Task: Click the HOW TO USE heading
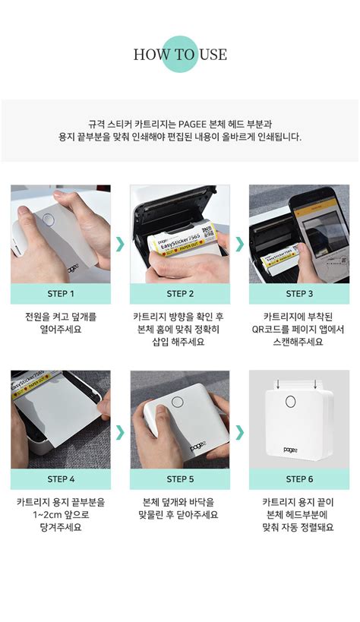coord(180,55)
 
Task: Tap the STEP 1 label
coord(61,294)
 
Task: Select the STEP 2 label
coord(180,294)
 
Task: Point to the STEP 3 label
coord(299,294)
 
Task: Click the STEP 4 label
coord(61,479)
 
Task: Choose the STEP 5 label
coord(180,479)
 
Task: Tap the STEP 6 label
coord(299,479)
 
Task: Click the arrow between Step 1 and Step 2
coord(120,245)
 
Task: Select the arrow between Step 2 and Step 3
coord(240,245)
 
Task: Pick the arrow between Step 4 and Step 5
coord(120,433)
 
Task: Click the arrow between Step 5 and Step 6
coord(240,433)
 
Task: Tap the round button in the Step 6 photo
coord(291,402)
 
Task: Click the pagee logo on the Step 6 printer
coord(292,450)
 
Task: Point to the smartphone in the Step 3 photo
coord(320,235)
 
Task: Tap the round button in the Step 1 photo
coord(49,219)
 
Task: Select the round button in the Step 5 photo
coord(178,403)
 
